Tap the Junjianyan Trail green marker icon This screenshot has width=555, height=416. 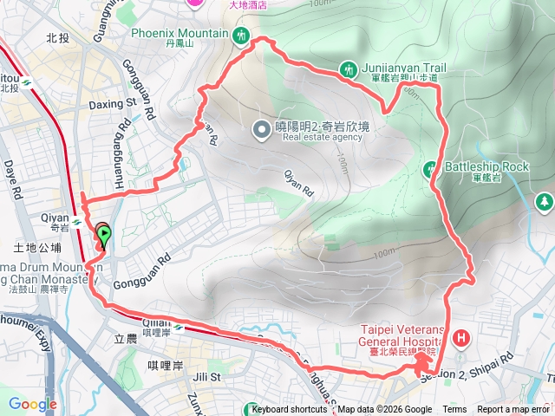click(348, 68)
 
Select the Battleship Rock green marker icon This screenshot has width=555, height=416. click(430, 167)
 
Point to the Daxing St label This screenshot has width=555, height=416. click(114, 104)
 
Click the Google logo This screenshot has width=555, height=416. click(32, 403)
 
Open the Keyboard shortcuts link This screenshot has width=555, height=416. click(290, 410)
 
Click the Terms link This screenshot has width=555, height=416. click(454, 410)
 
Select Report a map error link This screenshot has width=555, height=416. click(513, 410)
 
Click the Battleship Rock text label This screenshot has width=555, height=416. click(486, 166)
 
